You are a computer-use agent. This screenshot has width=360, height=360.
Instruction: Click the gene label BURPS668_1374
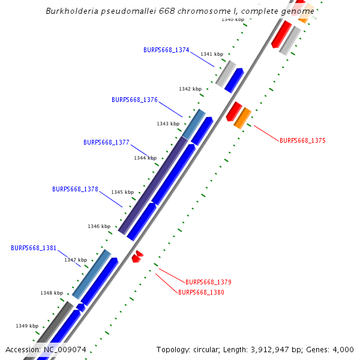166,50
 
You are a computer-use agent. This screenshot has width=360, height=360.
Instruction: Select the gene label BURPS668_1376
134,100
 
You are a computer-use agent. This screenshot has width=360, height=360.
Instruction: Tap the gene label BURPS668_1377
106,142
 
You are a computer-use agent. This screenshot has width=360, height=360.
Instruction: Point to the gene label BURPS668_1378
75,189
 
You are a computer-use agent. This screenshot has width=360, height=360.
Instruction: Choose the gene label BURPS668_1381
34,248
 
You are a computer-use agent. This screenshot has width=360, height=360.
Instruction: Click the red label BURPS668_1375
302,140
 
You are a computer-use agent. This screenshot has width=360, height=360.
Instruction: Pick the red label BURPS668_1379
208,282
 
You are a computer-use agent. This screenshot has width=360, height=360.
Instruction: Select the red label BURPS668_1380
201,292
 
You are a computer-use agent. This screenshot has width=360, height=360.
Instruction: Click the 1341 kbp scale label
211,54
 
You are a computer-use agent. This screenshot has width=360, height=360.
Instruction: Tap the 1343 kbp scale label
168,124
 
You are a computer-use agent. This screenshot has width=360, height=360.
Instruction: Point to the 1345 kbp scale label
122,192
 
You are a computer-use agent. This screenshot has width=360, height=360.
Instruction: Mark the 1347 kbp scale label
76,260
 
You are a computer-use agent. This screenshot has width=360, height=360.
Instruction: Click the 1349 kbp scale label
27,326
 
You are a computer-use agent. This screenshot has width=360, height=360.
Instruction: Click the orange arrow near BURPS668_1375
242,118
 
